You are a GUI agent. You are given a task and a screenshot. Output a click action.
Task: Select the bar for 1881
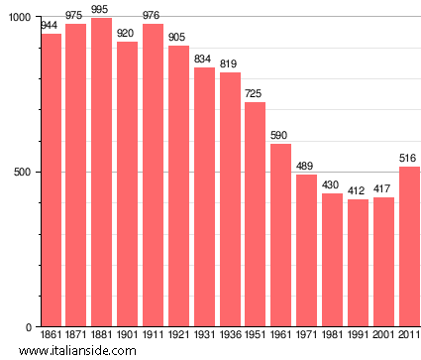[102, 173]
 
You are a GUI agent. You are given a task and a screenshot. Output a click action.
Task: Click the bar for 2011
[409, 247]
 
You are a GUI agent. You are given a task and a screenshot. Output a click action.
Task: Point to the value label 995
[100, 10]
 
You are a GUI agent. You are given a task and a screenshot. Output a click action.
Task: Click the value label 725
[255, 94]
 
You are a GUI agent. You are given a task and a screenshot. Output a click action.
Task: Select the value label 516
[408, 159]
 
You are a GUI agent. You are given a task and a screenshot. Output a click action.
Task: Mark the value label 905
[178, 38]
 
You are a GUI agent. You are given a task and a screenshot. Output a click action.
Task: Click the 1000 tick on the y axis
[19, 18]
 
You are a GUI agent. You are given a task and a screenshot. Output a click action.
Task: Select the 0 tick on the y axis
[29, 327]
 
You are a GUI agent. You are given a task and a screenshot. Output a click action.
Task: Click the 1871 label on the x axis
[76, 337]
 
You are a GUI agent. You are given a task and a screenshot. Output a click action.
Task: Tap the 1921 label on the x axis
[178, 337]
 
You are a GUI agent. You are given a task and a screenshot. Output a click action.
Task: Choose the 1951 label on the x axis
[255, 337]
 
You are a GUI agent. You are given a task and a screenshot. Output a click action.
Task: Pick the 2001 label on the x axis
[383, 337]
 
